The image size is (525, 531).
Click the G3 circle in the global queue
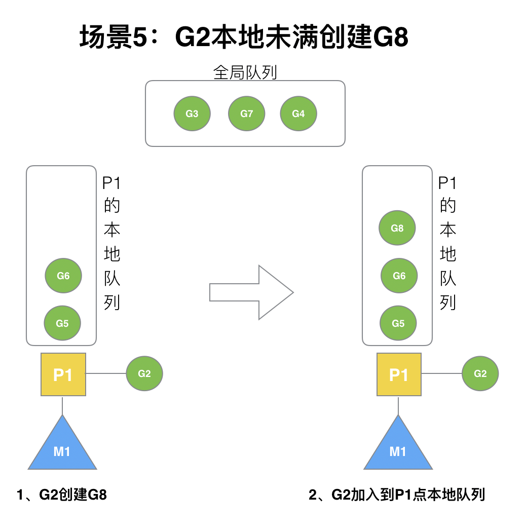[x=192, y=113]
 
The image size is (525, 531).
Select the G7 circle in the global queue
[x=247, y=113]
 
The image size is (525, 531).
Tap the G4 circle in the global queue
[x=298, y=113]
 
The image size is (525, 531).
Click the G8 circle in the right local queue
[x=397, y=228]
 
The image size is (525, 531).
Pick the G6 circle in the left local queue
[x=63, y=276]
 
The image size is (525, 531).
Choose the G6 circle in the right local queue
[x=399, y=276]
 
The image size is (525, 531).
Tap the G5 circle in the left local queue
[x=62, y=323]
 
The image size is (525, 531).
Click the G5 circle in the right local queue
[x=398, y=323]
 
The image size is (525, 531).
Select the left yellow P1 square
[x=63, y=375]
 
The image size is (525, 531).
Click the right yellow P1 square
[x=399, y=375]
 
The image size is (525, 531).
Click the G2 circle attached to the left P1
[x=144, y=374]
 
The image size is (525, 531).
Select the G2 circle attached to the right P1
[x=480, y=374]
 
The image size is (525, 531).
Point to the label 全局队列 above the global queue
[x=245, y=72]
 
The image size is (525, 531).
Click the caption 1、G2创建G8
[x=62, y=495]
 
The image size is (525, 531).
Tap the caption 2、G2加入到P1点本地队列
[x=397, y=495]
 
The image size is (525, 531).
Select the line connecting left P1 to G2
[x=106, y=374]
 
